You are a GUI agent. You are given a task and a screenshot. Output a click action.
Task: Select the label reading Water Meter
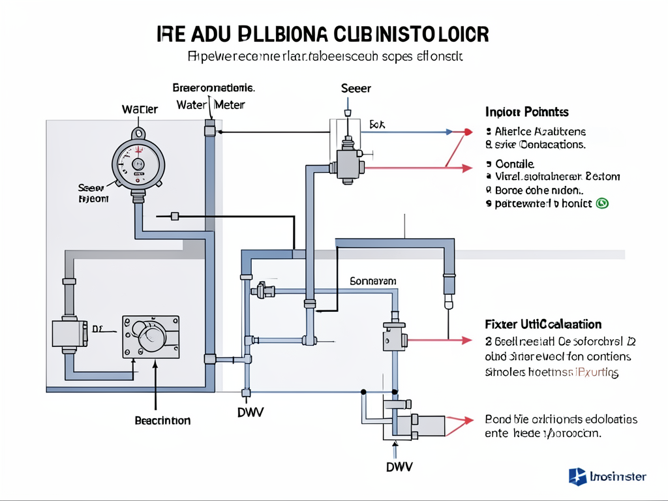click(x=210, y=104)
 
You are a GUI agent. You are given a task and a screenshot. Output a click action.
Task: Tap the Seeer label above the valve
click(x=356, y=88)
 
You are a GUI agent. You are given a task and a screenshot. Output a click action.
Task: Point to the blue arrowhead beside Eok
click(x=449, y=132)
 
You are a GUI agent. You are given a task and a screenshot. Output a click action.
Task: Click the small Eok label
click(x=378, y=123)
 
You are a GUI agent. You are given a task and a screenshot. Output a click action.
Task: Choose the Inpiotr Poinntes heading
click(x=527, y=112)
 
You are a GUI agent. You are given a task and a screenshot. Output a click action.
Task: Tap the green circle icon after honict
click(x=602, y=204)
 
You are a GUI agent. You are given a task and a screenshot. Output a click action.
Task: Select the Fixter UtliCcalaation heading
click(x=543, y=324)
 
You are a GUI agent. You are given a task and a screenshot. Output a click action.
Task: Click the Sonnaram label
click(x=373, y=281)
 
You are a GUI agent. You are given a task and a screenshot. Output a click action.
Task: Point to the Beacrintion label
click(x=162, y=421)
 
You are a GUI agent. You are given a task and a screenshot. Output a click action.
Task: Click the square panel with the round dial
click(x=151, y=337)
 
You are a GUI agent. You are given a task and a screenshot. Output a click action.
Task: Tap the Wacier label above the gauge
click(x=140, y=109)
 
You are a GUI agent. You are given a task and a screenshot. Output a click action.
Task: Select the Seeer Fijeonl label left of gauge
click(x=93, y=192)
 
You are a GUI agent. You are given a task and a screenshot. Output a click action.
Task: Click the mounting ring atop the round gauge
click(x=138, y=132)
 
